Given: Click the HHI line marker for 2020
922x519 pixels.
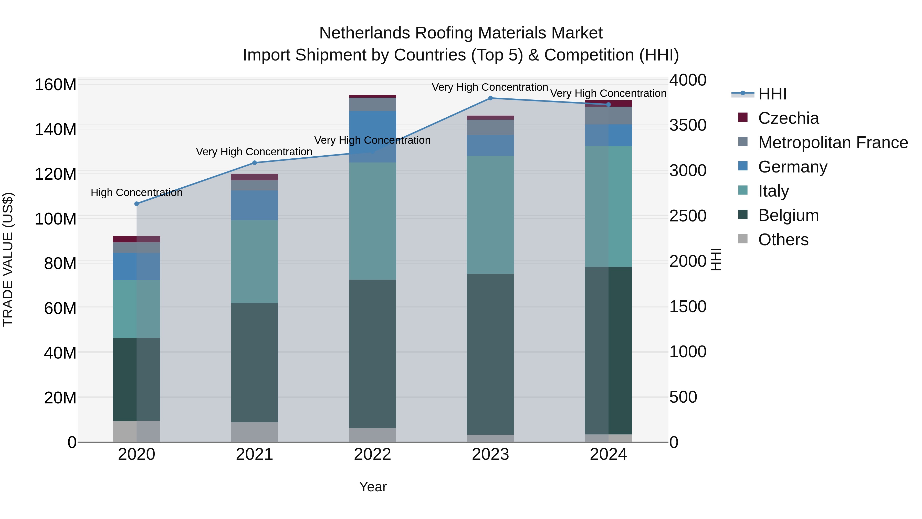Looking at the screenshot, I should [x=136, y=204].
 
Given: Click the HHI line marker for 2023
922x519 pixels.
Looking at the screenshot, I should [x=490, y=98].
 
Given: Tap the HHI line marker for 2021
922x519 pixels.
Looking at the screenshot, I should [x=255, y=162].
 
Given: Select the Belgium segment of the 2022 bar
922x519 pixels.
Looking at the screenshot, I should [x=372, y=353].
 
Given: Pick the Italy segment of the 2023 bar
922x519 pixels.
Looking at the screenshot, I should [x=490, y=215].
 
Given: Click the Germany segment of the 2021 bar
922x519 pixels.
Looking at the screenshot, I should [x=255, y=205].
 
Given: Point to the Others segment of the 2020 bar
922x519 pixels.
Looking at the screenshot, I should [x=136, y=431].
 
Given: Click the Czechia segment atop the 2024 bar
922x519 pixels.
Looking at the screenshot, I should [x=609, y=104].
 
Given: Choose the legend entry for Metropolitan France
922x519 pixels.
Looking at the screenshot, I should [x=833, y=143].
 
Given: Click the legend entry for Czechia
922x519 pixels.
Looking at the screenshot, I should [x=788, y=118].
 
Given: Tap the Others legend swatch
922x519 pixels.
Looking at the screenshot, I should [x=743, y=239].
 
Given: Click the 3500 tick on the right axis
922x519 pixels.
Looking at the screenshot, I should [x=688, y=125].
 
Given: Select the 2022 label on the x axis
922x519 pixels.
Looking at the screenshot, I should [x=372, y=454].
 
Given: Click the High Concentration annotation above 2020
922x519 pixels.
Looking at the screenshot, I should [x=136, y=193].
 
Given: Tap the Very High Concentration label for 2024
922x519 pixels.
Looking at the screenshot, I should [x=608, y=94].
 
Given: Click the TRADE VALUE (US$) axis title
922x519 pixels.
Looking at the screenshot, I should [x=8, y=259].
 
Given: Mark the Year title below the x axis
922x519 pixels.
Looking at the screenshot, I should [x=373, y=487].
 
